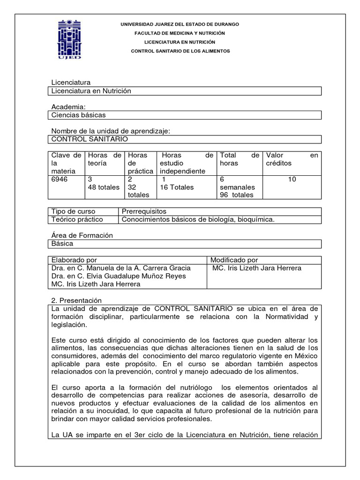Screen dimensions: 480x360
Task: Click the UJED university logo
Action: tap(69, 39)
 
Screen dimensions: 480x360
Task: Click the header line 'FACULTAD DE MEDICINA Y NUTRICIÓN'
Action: tap(180, 33)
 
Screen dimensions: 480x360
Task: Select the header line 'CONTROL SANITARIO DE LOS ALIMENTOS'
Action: tap(180, 51)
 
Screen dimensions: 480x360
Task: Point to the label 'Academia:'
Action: tap(68, 107)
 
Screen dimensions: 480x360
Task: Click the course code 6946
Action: tap(60, 179)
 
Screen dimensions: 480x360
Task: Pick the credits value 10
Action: tap(292, 179)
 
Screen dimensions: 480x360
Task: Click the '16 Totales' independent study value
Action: tap(177, 187)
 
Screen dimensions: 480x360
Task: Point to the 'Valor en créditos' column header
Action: tap(291, 159)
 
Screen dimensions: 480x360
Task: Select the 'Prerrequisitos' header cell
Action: tap(144, 211)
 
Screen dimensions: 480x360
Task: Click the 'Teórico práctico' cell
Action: tap(77, 219)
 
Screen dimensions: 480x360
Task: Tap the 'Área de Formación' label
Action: tap(82, 235)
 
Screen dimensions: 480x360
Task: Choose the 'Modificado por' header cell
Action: tap(234, 260)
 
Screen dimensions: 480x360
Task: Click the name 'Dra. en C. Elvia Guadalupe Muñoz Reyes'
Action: tap(118, 276)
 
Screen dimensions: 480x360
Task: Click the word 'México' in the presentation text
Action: tap(307, 356)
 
